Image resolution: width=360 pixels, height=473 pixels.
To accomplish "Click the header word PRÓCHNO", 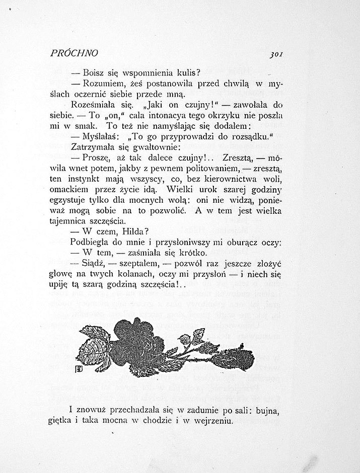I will (x=74, y=53).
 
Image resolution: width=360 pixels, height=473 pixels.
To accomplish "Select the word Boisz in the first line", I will (x=94, y=72).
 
